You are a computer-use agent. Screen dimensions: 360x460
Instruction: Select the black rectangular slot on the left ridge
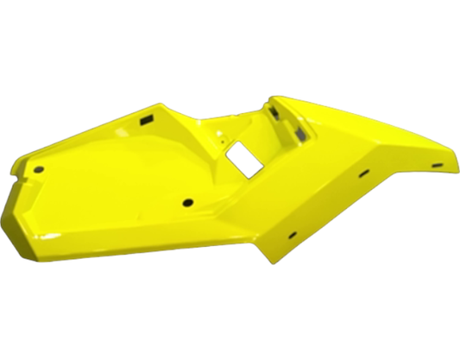click(x=146, y=119)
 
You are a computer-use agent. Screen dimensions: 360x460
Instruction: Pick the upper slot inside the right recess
click(x=274, y=111)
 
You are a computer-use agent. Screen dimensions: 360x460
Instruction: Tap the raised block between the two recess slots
click(x=288, y=123)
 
